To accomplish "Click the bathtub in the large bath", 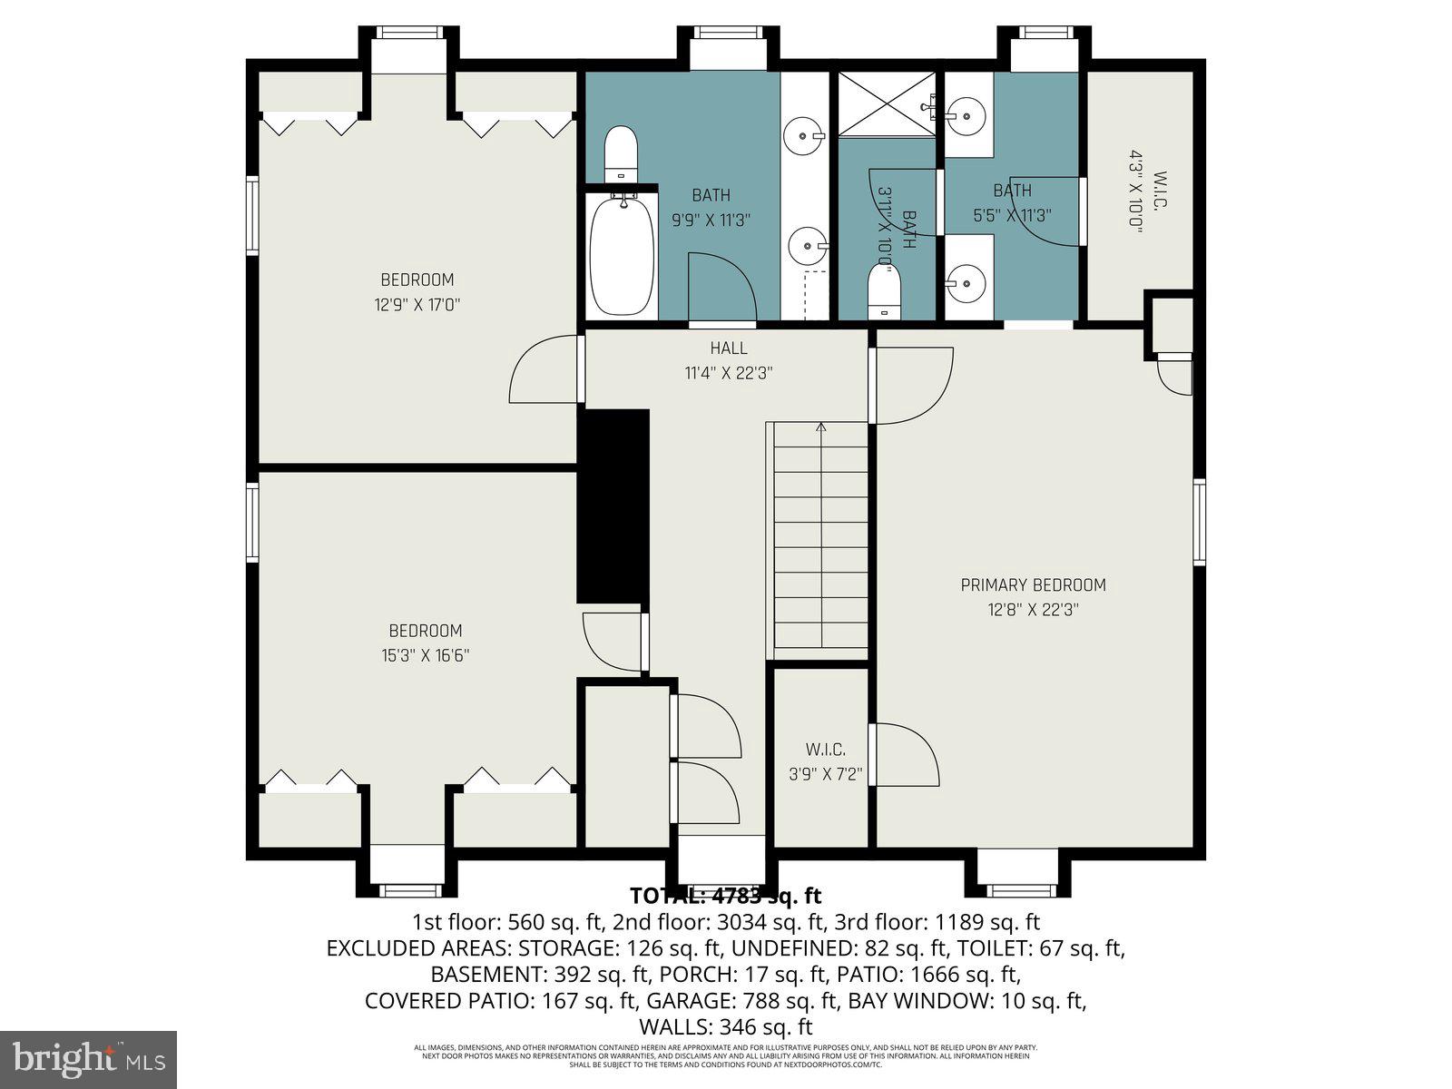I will tap(623, 255).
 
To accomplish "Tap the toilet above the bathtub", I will tap(622, 152).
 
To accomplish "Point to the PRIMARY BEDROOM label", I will tap(1033, 585).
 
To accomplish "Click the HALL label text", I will tap(729, 348).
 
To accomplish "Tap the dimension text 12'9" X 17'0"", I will tap(417, 305).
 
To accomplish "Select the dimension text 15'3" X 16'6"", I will tap(425, 655).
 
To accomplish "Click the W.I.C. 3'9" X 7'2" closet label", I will tap(825, 751).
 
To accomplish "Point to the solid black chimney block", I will tap(613, 505).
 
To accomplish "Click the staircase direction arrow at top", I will tap(822, 427).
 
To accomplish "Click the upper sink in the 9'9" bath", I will tap(803, 136).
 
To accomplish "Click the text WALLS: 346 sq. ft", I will tap(725, 1027).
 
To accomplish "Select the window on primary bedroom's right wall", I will tap(1199, 522).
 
